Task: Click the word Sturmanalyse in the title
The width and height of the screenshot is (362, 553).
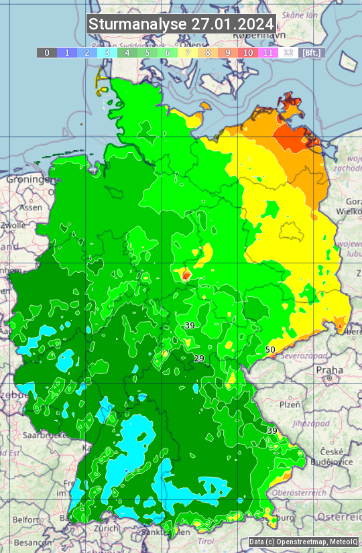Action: click(x=137, y=24)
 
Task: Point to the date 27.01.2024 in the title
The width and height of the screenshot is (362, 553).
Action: click(x=232, y=24)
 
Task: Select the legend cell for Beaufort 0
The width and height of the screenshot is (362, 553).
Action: click(x=47, y=52)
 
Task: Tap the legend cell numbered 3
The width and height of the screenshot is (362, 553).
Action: click(x=107, y=52)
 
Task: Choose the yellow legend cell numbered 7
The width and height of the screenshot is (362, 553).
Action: click(x=188, y=52)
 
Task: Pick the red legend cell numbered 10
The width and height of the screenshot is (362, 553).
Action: click(x=248, y=52)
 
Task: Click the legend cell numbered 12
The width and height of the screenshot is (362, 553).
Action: click(x=288, y=52)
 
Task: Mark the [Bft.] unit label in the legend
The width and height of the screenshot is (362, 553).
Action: click(x=312, y=52)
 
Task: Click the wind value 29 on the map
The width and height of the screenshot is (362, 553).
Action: click(x=199, y=359)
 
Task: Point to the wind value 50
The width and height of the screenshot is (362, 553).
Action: click(x=270, y=349)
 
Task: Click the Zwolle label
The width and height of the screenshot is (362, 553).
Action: click(x=13, y=226)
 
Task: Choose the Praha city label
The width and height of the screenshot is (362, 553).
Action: click(x=330, y=369)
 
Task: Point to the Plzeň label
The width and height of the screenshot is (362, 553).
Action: click(x=290, y=405)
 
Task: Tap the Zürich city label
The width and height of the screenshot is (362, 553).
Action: click(x=107, y=528)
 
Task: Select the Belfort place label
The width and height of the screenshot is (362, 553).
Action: click(x=26, y=519)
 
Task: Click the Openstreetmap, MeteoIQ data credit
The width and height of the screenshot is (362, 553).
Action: click(x=303, y=542)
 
